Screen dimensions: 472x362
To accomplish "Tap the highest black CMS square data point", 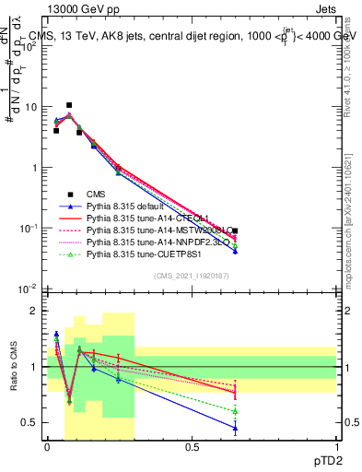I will (x=69, y=105).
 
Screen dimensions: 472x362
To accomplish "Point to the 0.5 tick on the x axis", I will (x=192, y=447).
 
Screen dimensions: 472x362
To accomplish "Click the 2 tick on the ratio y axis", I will (x=34, y=311).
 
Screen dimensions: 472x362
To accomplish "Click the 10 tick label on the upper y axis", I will (x=30, y=108).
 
